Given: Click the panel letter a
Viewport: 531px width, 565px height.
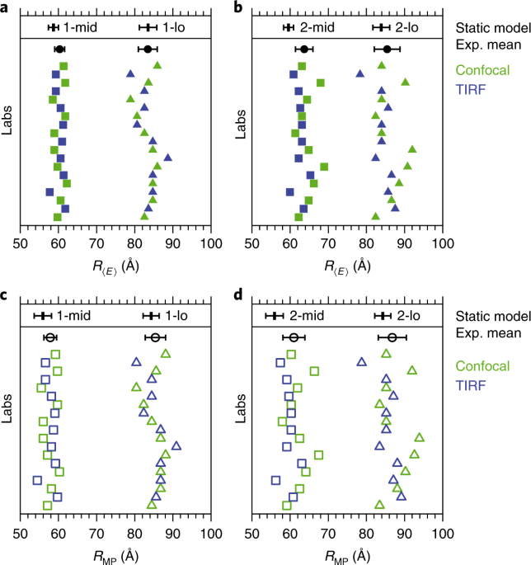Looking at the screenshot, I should [5, 8].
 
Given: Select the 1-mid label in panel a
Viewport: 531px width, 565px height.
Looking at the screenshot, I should [81, 27].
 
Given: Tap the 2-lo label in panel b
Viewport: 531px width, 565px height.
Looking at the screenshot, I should [406, 27].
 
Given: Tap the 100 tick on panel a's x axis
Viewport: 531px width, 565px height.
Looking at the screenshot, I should [211, 242].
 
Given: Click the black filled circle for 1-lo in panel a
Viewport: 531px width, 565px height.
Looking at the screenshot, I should [148, 49].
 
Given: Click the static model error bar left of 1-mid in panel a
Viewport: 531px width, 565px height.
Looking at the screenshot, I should [54, 27].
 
